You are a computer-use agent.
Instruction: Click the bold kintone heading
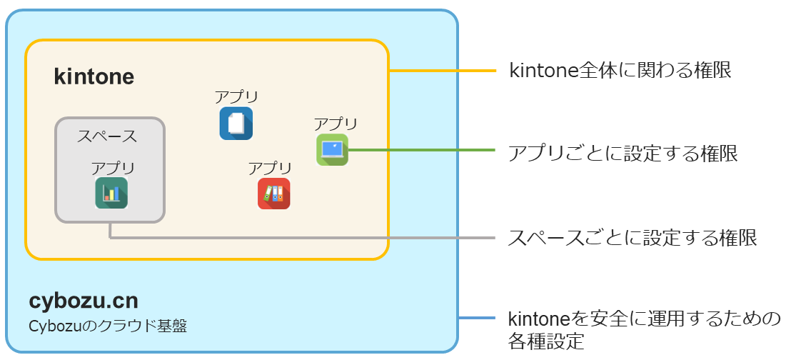pyautogui.click(x=94, y=77)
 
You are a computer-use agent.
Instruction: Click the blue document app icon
pyautogui.click(x=236, y=123)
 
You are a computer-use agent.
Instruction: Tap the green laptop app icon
pyautogui.click(x=332, y=149)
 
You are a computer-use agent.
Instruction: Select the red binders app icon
pyautogui.click(x=273, y=194)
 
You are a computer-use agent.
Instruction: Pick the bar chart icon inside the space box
pyautogui.click(x=111, y=193)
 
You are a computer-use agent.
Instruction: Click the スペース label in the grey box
pyautogui.click(x=107, y=136)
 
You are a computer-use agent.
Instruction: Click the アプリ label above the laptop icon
pyautogui.click(x=336, y=124)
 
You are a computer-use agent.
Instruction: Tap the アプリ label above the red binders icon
pyautogui.click(x=270, y=169)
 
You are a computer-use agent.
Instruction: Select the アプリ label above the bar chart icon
pyautogui.click(x=113, y=168)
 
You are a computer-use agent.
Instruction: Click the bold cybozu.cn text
pyautogui.click(x=84, y=299)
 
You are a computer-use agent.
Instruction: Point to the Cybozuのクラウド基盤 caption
pyautogui.click(x=108, y=326)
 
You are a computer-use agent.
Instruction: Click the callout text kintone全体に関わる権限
pyautogui.click(x=620, y=71)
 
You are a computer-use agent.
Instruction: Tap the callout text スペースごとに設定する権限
pyautogui.click(x=632, y=237)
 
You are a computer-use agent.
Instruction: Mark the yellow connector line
pyautogui.click(x=443, y=71)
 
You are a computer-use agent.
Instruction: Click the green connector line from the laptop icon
pyautogui.click(x=421, y=150)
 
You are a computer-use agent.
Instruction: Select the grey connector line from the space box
pyautogui.click(x=300, y=237)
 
